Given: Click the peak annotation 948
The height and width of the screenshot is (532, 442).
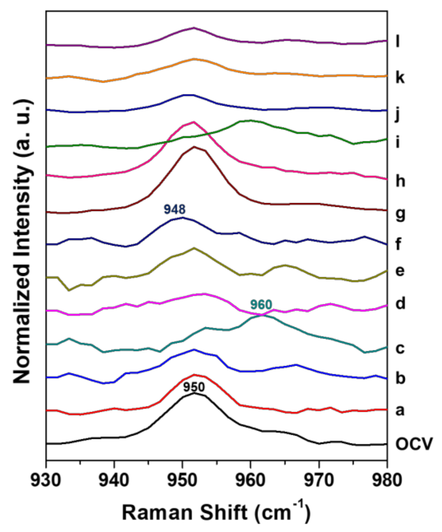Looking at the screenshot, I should (x=175, y=210).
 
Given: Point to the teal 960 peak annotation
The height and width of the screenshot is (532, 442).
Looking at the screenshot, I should (x=261, y=305).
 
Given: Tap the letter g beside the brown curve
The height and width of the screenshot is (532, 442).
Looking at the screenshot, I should (x=400, y=214).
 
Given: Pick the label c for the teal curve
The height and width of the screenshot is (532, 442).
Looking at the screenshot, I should (x=400, y=349).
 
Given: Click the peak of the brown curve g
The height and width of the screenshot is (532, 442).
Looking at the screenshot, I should (x=194, y=147).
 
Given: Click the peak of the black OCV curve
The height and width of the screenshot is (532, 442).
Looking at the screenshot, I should (x=194, y=393).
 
